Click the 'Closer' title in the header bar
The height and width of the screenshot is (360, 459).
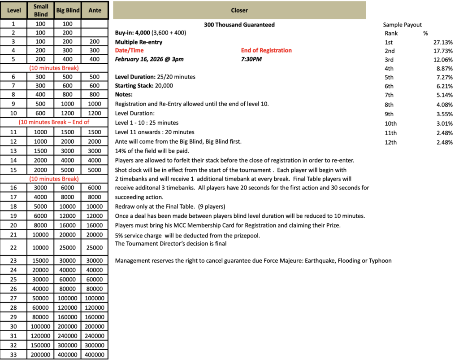239,10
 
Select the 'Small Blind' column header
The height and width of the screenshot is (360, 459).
41,10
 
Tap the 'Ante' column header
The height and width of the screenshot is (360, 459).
95,10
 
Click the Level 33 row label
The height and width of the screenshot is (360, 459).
14,355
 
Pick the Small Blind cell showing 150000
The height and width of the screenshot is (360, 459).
41,346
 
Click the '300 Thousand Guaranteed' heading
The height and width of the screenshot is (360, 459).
239,25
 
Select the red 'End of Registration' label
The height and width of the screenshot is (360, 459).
266,50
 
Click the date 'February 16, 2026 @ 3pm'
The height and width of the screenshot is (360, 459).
149,59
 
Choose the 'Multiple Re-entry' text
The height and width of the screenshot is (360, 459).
139,42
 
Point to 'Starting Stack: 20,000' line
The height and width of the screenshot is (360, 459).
144,86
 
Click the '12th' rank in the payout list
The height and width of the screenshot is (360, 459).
390,142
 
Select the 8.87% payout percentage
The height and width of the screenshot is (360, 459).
443,69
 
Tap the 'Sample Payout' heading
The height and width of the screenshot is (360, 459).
402,25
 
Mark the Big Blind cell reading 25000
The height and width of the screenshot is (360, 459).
68,248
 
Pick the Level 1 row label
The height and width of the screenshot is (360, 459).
14,23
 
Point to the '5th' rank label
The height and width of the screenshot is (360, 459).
389,77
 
